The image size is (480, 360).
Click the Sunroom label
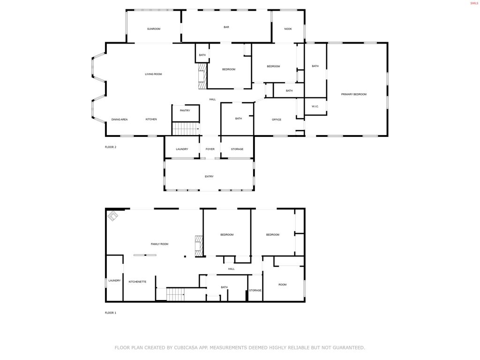coord(154,29)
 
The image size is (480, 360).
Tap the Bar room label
coord(226,27)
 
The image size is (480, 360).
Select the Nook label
coord(288,29)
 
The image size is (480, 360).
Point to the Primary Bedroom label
coord(354,94)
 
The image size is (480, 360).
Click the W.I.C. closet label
coord(315,106)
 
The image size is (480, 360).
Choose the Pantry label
coord(185,110)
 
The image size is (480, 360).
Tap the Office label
coord(277,120)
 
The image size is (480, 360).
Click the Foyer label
coord(210,149)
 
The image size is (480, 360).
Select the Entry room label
coord(209,176)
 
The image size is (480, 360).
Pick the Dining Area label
coord(120,120)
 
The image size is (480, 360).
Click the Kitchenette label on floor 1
coord(137,282)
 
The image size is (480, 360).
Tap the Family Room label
coord(159,244)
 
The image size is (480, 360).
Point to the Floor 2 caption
coord(111,147)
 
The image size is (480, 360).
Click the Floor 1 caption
coord(111,313)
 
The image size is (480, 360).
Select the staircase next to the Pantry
coord(186,128)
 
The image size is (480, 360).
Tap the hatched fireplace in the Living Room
coord(202,77)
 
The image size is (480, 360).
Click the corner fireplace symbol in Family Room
coord(113,216)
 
